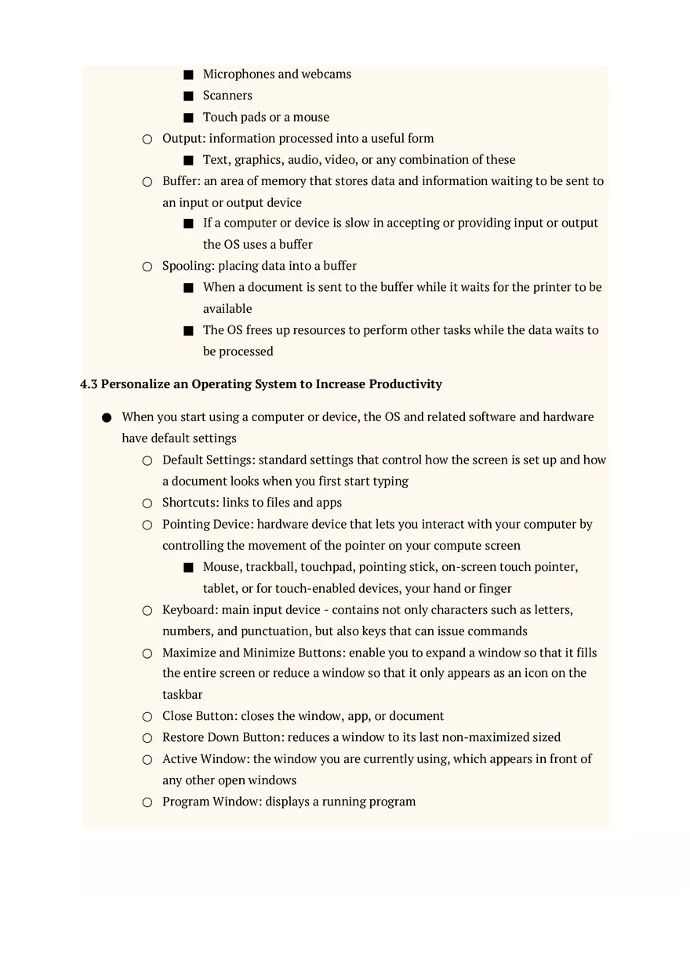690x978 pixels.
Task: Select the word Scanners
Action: pos(227,96)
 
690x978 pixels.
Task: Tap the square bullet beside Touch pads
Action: pos(188,118)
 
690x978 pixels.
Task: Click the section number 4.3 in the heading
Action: pos(89,384)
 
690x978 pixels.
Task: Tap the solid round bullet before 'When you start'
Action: pos(107,418)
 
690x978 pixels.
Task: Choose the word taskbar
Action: pos(183,695)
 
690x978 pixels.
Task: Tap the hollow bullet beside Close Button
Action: pos(147,717)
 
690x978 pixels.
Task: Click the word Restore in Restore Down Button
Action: pos(183,737)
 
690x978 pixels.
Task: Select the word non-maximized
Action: pos(486,737)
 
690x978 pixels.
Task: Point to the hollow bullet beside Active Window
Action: pos(147,760)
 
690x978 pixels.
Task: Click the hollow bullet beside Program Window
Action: pos(147,802)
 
